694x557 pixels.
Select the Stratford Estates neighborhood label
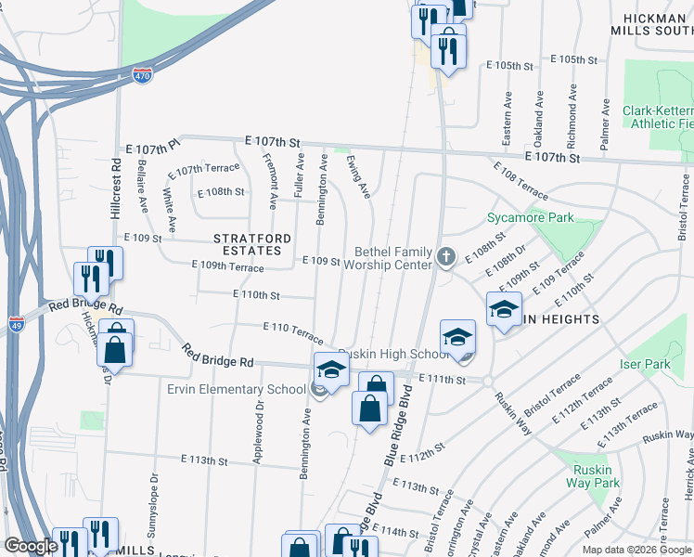[247, 244]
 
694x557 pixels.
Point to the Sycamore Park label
[531, 219]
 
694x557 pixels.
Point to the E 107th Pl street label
[149, 148]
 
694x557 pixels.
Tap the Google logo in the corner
[31, 546]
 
